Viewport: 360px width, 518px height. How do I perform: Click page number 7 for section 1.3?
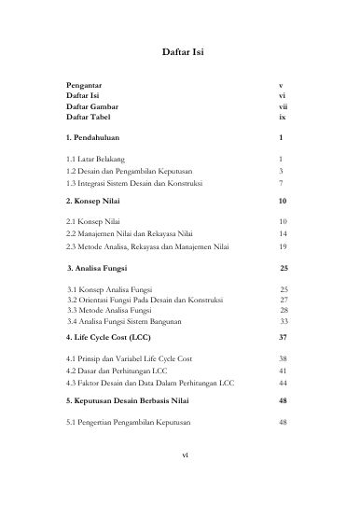tap(281, 184)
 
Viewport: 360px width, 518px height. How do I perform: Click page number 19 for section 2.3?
tap(283, 247)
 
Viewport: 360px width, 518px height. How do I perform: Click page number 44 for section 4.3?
tap(283, 383)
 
